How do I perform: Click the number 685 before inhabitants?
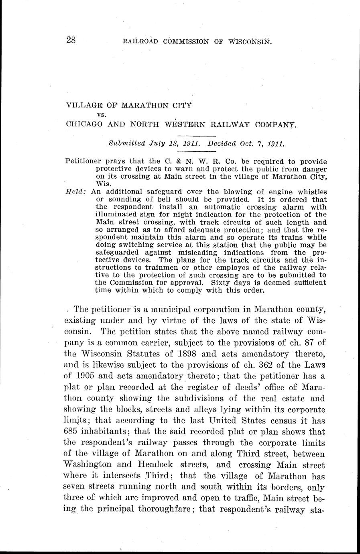[73, 432]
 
